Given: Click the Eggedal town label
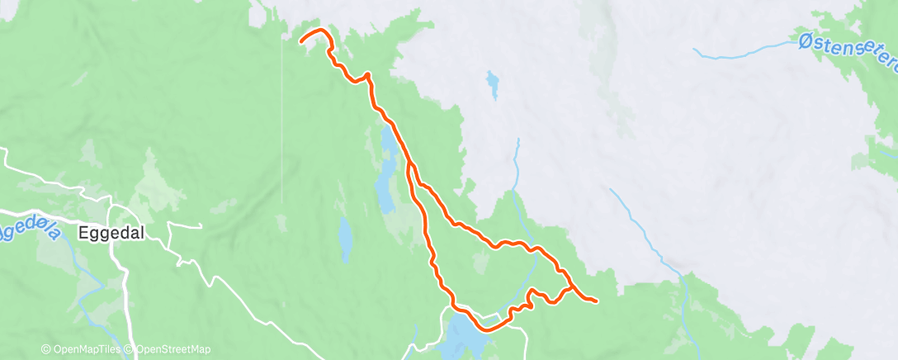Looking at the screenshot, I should pyautogui.click(x=111, y=234).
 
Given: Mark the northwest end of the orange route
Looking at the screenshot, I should pyautogui.click(x=300, y=39).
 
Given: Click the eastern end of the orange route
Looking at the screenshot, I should pyautogui.click(x=595, y=300).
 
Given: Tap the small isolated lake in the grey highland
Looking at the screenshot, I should pyautogui.click(x=493, y=84).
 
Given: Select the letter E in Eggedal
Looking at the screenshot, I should pyautogui.click(x=83, y=234).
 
